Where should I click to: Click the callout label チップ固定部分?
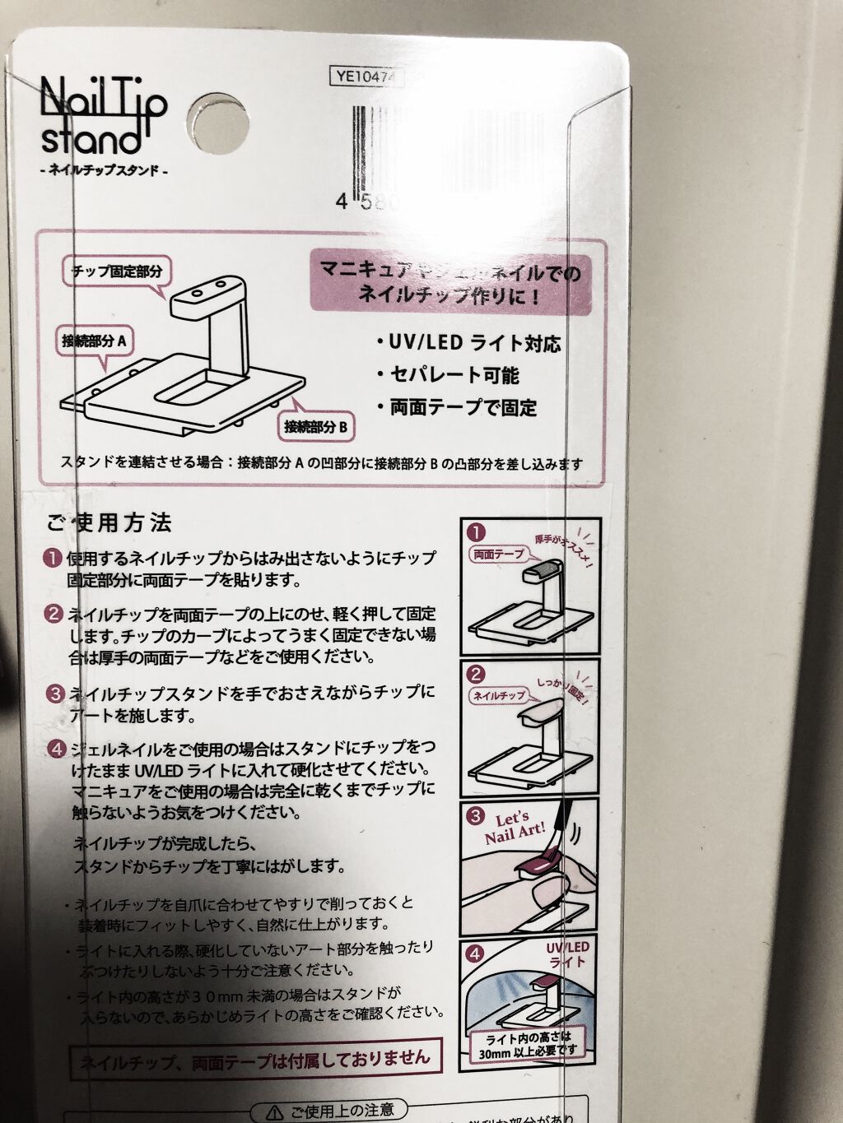click(x=116, y=271)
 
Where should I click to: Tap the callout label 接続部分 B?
click(x=316, y=427)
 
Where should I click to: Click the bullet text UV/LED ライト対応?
click(x=469, y=344)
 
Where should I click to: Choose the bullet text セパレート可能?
click(x=449, y=376)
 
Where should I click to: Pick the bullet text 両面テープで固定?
click(x=457, y=408)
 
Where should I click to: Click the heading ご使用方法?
click(x=109, y=522)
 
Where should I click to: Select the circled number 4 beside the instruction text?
click(x=55, y=749)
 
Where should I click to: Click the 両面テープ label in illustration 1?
click(x=498, y=555)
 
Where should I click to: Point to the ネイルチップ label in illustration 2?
click(x=498, y=696)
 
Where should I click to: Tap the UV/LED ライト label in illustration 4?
click(x=568, y=954)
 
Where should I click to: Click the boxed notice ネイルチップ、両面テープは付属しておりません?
click(x=255, y=1060)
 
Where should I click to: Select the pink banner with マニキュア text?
click(x=450, y=283)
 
